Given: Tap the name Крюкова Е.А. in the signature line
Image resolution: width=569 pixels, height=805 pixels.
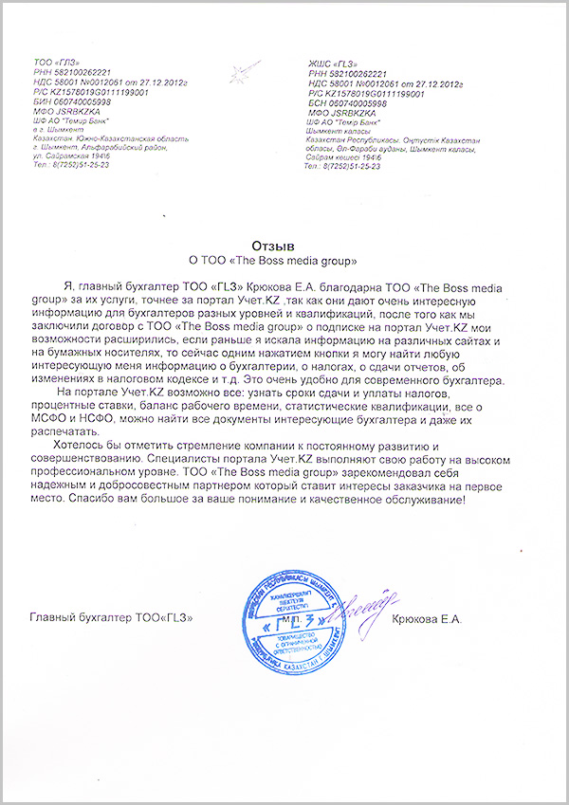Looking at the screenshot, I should coord(427,619).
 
